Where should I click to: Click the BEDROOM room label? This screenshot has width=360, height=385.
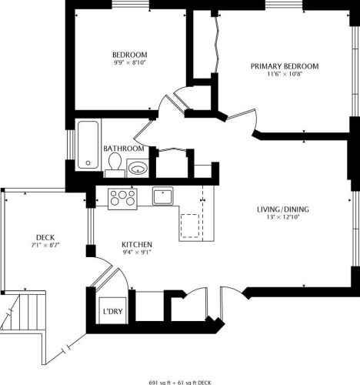[130, 55]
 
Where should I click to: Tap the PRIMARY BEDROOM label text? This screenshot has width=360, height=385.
[284, 67]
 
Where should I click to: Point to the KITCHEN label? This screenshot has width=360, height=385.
[136, 245]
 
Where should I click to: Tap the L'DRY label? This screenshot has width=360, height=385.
[111, 313]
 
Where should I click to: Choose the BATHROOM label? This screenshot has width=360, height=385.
[124, 148]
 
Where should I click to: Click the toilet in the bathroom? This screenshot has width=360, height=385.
[115, 162]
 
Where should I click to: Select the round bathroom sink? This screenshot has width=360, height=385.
[138, 166]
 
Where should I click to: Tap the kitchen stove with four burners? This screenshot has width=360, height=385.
[122, 198]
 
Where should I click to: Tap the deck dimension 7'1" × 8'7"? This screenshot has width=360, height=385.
[45, 246]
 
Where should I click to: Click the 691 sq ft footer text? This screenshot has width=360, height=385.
[180, 380]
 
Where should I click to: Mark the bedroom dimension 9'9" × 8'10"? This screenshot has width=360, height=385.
[130, 64]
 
